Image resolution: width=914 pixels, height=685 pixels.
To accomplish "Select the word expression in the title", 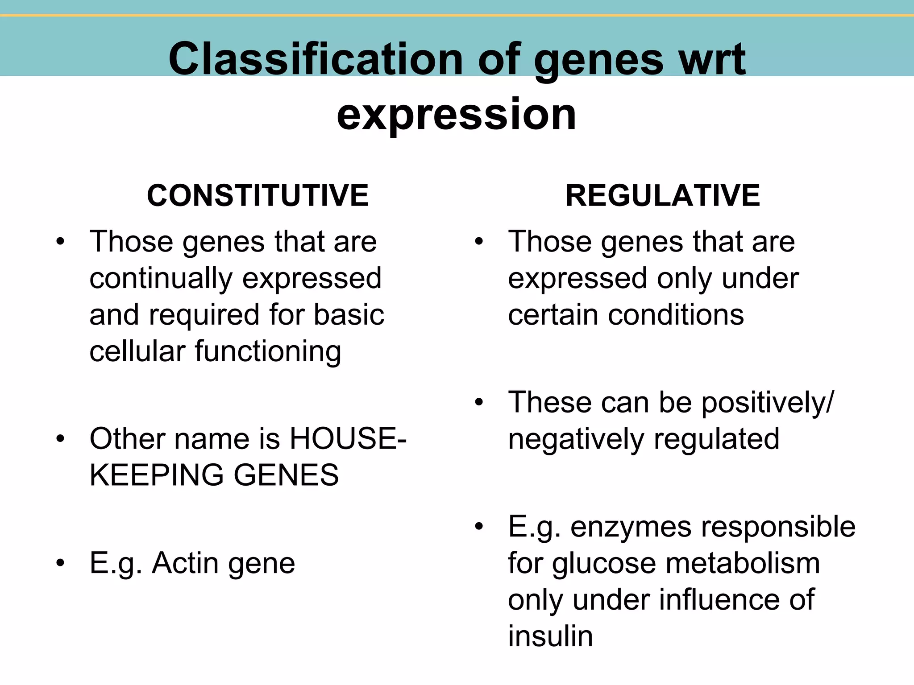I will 456,114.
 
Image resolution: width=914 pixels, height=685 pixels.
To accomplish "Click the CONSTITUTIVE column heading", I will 258,196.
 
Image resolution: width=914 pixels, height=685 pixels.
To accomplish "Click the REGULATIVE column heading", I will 662,196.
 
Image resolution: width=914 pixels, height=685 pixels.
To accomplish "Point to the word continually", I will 161,279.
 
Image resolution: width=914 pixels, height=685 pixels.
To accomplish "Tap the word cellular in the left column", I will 137,351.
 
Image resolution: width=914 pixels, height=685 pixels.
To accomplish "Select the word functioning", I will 268,352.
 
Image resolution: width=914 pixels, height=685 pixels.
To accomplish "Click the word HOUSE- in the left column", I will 348,438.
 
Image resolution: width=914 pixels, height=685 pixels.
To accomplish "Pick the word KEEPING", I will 156,475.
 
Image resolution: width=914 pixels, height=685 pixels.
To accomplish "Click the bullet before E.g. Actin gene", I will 60,563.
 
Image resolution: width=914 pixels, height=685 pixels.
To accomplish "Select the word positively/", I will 767,403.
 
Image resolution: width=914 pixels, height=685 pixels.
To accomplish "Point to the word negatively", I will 576,439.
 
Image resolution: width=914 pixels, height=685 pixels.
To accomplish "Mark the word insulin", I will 550,636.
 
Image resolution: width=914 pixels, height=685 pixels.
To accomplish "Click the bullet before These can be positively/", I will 479,403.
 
